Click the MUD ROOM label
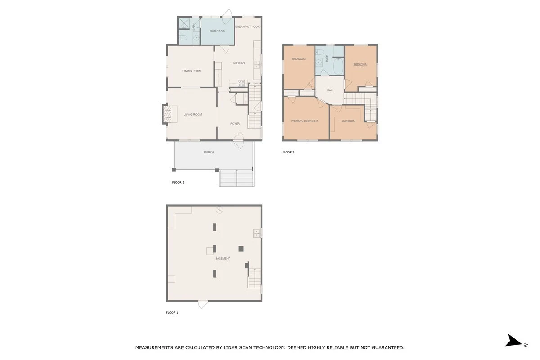217,31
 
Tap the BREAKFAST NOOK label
247,27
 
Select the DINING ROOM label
192,71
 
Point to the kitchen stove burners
241,83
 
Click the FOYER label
235,124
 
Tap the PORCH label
209,152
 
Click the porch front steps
237,178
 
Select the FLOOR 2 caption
178,183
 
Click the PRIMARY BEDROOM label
305,121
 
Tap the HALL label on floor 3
330,90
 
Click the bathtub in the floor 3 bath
338,67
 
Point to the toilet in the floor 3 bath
319,52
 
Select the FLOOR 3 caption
288,152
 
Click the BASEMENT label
222,258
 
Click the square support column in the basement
241,248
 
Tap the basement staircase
255,278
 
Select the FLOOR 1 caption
172,313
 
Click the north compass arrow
513,340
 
